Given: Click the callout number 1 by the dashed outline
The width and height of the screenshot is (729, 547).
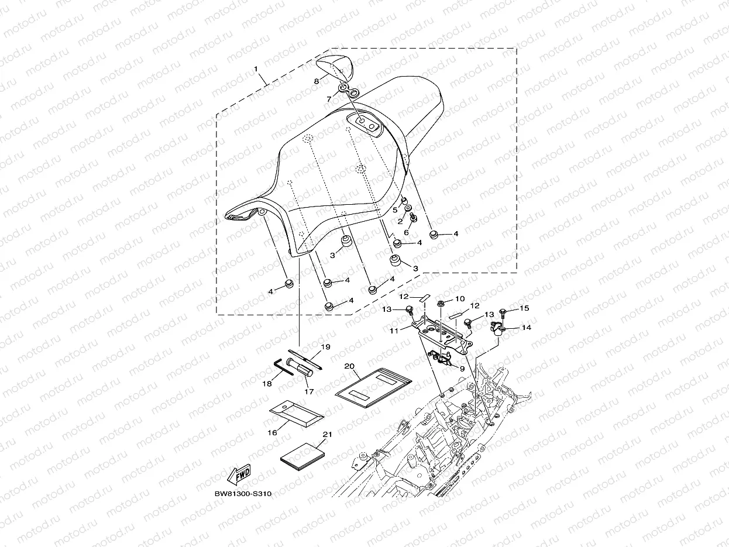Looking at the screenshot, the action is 256,69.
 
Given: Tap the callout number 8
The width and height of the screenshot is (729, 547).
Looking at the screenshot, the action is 317,81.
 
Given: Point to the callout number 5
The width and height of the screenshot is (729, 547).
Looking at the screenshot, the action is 394,209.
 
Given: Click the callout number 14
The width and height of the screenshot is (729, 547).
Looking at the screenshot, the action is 526,328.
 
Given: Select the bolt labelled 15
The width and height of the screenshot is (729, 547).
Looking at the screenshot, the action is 505,309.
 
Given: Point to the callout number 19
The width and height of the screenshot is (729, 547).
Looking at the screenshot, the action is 326,347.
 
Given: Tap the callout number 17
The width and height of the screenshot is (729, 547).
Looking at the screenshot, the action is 309,391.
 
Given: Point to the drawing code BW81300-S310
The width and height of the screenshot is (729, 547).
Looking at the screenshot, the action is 243,494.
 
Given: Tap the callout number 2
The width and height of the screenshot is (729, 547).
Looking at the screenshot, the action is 400,222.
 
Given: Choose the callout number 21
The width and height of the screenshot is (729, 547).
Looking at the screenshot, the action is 327,434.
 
